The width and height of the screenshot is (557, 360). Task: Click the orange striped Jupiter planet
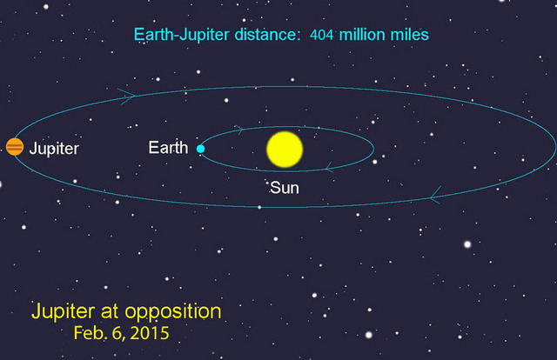[x=14, y=147]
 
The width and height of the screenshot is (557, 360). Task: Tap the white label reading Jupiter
[x=54, y=149]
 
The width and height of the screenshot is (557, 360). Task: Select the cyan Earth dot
[x=200, y=149]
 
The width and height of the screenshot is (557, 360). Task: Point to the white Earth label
[x=168, y=148]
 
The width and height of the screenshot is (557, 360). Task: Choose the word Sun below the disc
[x=285, y=185]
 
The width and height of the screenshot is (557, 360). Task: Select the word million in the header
[x=362, y=36]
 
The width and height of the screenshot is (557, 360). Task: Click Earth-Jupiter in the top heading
[x=180, y=36]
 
